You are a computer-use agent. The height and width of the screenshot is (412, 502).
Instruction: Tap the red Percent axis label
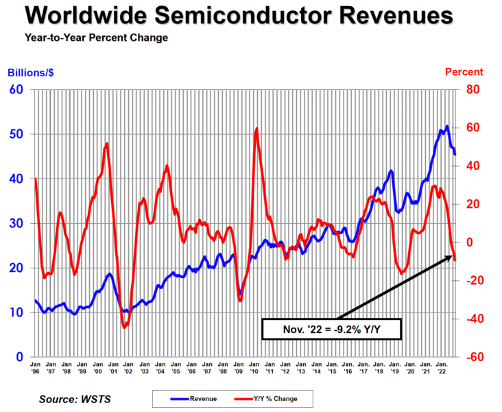tap(464, 72)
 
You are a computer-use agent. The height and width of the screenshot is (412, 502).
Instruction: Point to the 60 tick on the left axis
tap(16, 89)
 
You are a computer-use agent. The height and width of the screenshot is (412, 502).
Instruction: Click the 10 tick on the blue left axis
tap(16, 312)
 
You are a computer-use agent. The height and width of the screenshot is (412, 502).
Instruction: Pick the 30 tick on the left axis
tap(16, 223)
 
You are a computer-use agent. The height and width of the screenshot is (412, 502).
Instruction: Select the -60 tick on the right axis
tap(472, 357)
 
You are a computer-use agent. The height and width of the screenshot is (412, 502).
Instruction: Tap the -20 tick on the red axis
tap(472, 280)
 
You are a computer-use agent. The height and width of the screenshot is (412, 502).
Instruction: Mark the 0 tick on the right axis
tap(469, 242)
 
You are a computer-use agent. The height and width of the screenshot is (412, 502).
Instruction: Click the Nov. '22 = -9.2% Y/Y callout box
tap(331, 329)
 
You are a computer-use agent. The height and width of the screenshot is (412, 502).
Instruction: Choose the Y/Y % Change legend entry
tap(263, 398)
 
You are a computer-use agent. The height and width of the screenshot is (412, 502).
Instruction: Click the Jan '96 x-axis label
tap(35, 367)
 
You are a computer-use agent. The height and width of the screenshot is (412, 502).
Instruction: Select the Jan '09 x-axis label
tap(239, 367)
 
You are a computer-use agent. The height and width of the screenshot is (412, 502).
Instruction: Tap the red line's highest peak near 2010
tap(256, 128)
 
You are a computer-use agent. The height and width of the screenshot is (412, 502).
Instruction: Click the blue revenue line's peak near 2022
tap(446, 126)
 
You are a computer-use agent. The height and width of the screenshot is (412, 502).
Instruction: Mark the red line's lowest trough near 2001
tap(124, 328)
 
